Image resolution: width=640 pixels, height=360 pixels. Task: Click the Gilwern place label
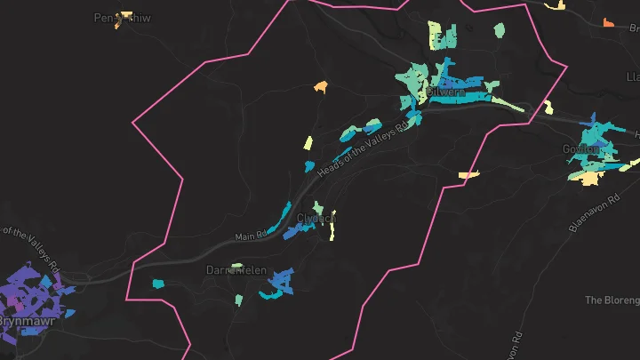[445, 92]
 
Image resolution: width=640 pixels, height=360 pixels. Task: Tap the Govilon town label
[579, 148]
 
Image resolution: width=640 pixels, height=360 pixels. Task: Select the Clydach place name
[316, 218]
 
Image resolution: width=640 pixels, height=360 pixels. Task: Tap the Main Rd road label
[251, 236]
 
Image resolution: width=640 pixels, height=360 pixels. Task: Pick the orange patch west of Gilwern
[320, 86]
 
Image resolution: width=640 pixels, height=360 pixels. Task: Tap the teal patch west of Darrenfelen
[158, 284]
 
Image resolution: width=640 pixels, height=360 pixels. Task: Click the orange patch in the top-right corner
[609, 22]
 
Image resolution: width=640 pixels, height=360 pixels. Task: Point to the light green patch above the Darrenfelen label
[236, 265]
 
